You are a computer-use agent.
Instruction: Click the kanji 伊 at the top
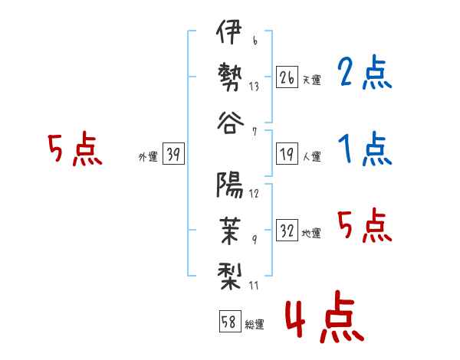click(x=229, y=31)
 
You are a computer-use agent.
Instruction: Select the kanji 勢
click(x=230, y=77)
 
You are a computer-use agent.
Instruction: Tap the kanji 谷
click(x=230, y=123)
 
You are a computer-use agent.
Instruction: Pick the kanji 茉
click(x=230, y=231)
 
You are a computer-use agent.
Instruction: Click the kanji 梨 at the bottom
click(x=229, y=277)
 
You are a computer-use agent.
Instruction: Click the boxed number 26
click(x=287, y=77)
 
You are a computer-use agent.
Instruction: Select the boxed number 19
click(x=287, y=154)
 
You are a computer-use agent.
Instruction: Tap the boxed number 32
click(x=287, y=230)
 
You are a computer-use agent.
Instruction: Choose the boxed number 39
click(x=173, y=154)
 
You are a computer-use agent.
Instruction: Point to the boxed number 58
click(x=230, y=321)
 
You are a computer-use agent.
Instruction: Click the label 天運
click(x=312, y=80)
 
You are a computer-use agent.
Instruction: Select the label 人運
click(x=312, y=156)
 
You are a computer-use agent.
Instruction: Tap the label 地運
click(x=311, y=233)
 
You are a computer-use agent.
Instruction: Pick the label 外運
click(x=148, y=157)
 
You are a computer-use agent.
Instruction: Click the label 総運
click(x=255, y=324)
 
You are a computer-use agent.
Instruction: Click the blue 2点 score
click(x=365, y=72)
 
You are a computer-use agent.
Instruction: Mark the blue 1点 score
click(x=365, y=149)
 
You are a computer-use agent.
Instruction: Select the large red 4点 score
click(x=325, y=316)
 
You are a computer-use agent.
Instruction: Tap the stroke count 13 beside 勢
click(x=254, y=87)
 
